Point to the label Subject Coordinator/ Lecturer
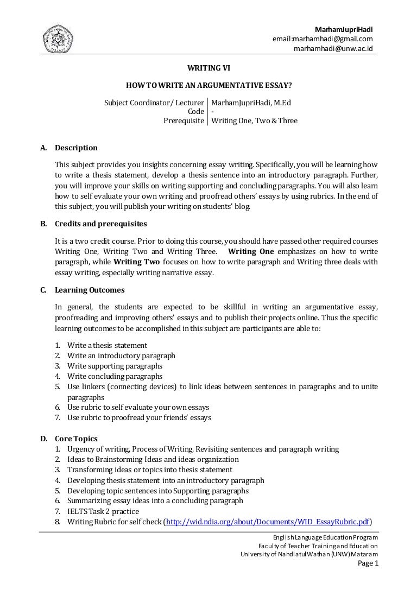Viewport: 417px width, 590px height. pos(154,101)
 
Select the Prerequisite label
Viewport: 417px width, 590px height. pos(184,120)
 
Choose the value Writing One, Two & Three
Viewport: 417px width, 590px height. pos(254,120)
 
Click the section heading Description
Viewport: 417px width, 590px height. pos(76,148)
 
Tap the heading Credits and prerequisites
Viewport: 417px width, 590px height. pos(100,224)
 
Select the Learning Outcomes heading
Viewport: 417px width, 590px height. pos(90,290)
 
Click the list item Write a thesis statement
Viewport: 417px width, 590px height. pos(107,345)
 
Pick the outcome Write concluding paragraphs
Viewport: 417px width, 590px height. pos(115,376)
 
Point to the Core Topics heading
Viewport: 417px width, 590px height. pos(76,439)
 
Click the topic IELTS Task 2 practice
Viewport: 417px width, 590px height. pos(103,511)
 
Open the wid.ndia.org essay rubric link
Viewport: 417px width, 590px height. pos(267,522)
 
